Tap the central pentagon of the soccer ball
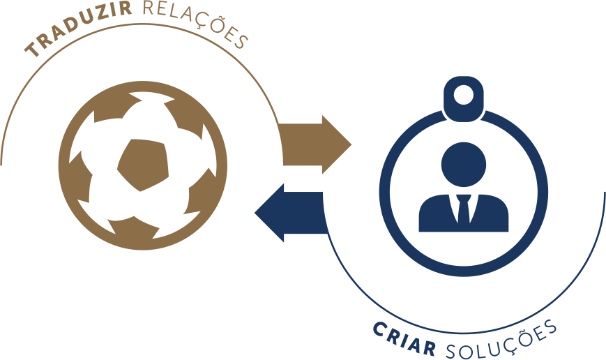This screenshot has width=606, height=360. click(x=144, y=165)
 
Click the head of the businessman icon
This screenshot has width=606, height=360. click(x=463, y=165)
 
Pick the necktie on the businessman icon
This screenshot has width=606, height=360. click(x=463, y=209)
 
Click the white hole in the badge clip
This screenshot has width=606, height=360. click(x=463, y=95)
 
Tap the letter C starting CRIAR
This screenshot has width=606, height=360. click(x=381, y=330)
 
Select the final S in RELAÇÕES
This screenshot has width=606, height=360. click(x=240, y=41)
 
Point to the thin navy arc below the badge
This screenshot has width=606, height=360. click(x=464, y=333)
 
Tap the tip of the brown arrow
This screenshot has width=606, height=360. click(x=351, y=145)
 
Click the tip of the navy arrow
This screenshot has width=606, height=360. click(x=255, y=213)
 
